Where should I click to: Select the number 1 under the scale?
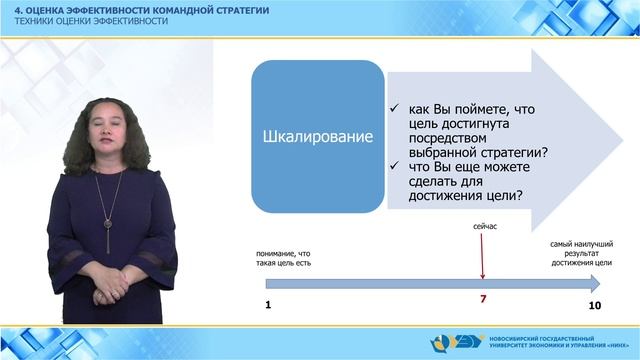click(x=268, y=303)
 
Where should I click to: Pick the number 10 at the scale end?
click(x=594, y=303)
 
